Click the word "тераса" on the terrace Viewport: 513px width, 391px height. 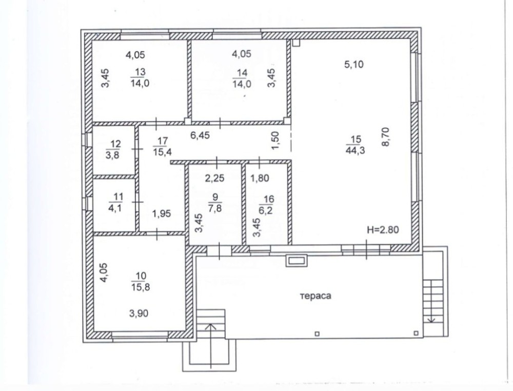pos(315,296)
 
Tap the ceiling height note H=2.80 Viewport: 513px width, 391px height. pos(383,230)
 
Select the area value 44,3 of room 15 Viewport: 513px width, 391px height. pos(355,150)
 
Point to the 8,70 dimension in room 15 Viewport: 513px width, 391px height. pos(386,137)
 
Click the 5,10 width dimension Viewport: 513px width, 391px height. pos(353,64)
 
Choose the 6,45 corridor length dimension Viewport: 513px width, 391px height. pos(200,135)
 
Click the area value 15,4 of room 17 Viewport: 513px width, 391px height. pos(162,151)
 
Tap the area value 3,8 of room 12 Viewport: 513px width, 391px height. pos(112,154)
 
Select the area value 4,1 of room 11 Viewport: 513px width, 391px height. pos(115,207)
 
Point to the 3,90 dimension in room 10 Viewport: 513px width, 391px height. pos(139,314)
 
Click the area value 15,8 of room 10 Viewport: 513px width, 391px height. pos(141,287)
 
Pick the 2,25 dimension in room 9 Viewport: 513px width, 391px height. pos(214,178)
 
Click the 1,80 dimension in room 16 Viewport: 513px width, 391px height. pos(260,178)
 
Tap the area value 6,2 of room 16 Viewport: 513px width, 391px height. pos(265,210)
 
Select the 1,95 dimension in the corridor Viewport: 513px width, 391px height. pos(161,213)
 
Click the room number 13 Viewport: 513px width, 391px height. pos(140,72)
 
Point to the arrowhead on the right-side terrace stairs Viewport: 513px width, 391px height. pos(431,319)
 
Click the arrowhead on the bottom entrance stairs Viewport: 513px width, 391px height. pos(211,326)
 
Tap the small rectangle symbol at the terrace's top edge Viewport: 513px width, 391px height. pos(297,261)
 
